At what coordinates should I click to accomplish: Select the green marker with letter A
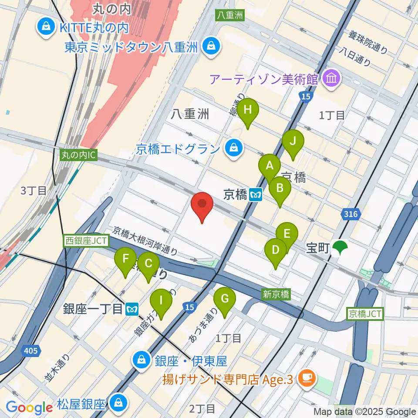coord(270,166)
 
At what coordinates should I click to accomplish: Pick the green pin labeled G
coord(225,300)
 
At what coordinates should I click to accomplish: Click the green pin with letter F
coord(125,260)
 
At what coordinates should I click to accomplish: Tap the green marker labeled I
coord(161,301)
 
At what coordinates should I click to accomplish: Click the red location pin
coord(202,205)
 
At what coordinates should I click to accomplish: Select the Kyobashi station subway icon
coord(256,195)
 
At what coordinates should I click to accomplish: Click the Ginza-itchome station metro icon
coord(132,309)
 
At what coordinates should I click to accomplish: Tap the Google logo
coord(29,408)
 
